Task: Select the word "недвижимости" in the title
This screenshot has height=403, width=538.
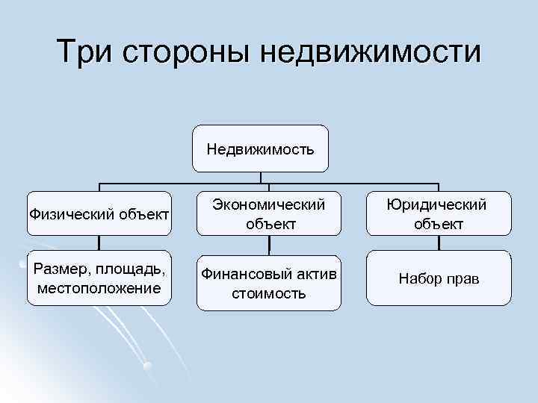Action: click(371, 51)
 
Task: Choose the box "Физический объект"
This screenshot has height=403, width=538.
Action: click(99, 215)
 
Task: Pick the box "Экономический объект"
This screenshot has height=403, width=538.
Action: click(268, 213)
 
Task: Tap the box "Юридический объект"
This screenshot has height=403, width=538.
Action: click(439, 213)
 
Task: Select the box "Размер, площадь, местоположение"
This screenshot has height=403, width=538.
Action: click(99, 278)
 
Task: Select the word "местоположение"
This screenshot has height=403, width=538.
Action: click(99, 287)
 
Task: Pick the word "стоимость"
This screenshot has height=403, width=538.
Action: click(268, 293)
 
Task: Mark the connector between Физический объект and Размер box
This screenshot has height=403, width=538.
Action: click(99, 243)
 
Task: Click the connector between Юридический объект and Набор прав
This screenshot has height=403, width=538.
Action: click(439, 243)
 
